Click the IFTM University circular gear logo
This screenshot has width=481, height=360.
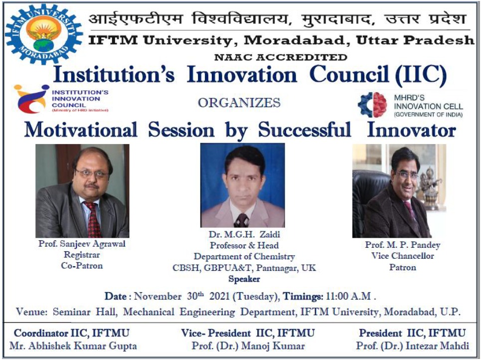pos(44,34)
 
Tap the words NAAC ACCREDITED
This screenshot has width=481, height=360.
pos(281,57)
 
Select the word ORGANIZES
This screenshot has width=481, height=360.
pos(239,103)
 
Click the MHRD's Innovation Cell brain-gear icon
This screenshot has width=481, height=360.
pos(372,105)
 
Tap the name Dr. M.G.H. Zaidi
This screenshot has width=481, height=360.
pos(244,234)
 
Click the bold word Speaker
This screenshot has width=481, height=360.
pos(244,279)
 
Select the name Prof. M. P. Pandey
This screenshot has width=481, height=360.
pos(402,245)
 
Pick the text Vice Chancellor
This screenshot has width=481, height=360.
pos(402,256)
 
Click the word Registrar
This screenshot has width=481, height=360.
pos(82,255)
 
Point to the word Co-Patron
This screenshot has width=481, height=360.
pos(82,265)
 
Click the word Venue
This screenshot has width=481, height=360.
pos(31,312)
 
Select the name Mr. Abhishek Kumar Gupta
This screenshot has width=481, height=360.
pos(73,346)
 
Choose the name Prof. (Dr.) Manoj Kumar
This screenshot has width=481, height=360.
pos(248,346)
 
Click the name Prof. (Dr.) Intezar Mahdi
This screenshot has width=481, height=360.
pos(412,346)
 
